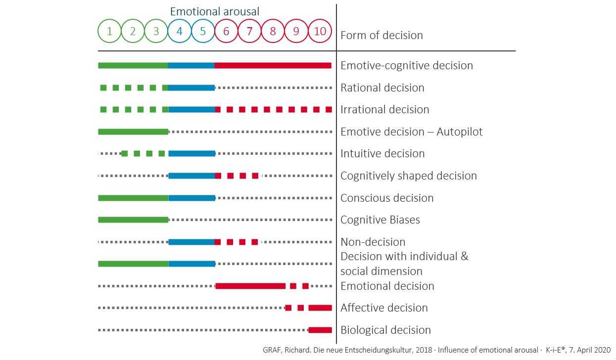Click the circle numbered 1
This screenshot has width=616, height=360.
(110, 31)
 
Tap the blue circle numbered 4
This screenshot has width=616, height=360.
(180, 31)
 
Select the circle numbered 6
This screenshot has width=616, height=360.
(226, 31)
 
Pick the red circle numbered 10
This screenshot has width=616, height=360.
(320, 31)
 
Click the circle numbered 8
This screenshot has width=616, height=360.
(273, 31)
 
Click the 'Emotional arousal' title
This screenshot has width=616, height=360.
(215, 11)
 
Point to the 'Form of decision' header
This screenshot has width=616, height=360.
(381, 35)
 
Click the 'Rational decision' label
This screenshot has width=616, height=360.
(382, 88)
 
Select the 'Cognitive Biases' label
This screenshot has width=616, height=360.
(380, 220)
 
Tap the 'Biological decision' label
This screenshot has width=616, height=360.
(385, 330)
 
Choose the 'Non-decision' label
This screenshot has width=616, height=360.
(373, 242)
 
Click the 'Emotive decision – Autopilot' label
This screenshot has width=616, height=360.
(412, 132)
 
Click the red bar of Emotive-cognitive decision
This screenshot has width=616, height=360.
(273, 65)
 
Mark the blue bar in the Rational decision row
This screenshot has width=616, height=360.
(191, 88)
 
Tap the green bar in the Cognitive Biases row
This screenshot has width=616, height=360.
(133, 220)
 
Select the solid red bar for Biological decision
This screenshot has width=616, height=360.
(320, 330)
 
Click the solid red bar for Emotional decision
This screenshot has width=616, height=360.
(250, 286)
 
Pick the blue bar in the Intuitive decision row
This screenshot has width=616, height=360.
(191, 154)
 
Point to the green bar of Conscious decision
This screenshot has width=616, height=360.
(133, 198)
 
